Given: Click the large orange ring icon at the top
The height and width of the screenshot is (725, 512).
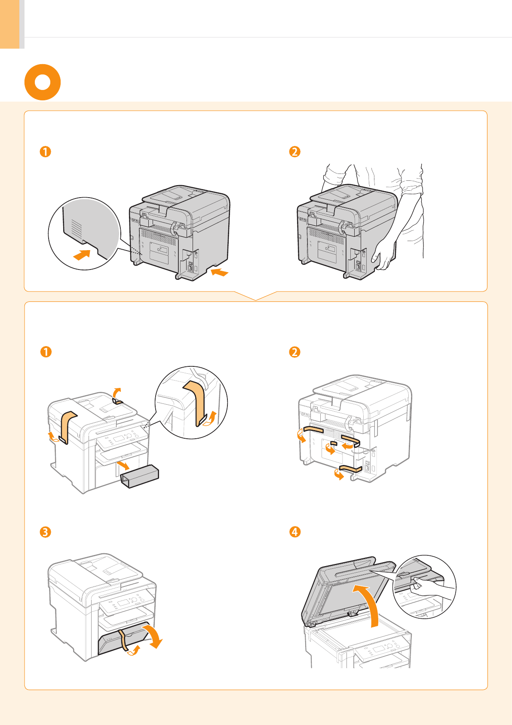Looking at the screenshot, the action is [43, 82].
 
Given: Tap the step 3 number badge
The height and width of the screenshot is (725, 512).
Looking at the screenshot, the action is [45, 532].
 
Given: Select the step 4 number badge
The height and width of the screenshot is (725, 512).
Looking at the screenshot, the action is [294, 532].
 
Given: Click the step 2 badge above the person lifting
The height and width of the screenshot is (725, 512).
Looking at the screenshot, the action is [294, 152].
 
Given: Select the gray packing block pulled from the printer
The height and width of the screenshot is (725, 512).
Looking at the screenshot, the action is [140, 477].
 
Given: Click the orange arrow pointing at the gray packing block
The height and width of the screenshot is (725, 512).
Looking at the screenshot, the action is [123, 465].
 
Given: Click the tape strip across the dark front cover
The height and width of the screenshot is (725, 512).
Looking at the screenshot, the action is [124, 639].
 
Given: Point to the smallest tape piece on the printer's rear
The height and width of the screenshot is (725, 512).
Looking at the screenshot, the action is [334, 443].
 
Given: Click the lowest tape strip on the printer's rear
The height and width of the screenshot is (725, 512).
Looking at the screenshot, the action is [351, 468].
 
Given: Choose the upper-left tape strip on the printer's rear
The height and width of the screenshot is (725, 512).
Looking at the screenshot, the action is [313, 429].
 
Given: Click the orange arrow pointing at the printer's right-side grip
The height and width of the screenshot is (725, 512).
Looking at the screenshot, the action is [220, 272].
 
